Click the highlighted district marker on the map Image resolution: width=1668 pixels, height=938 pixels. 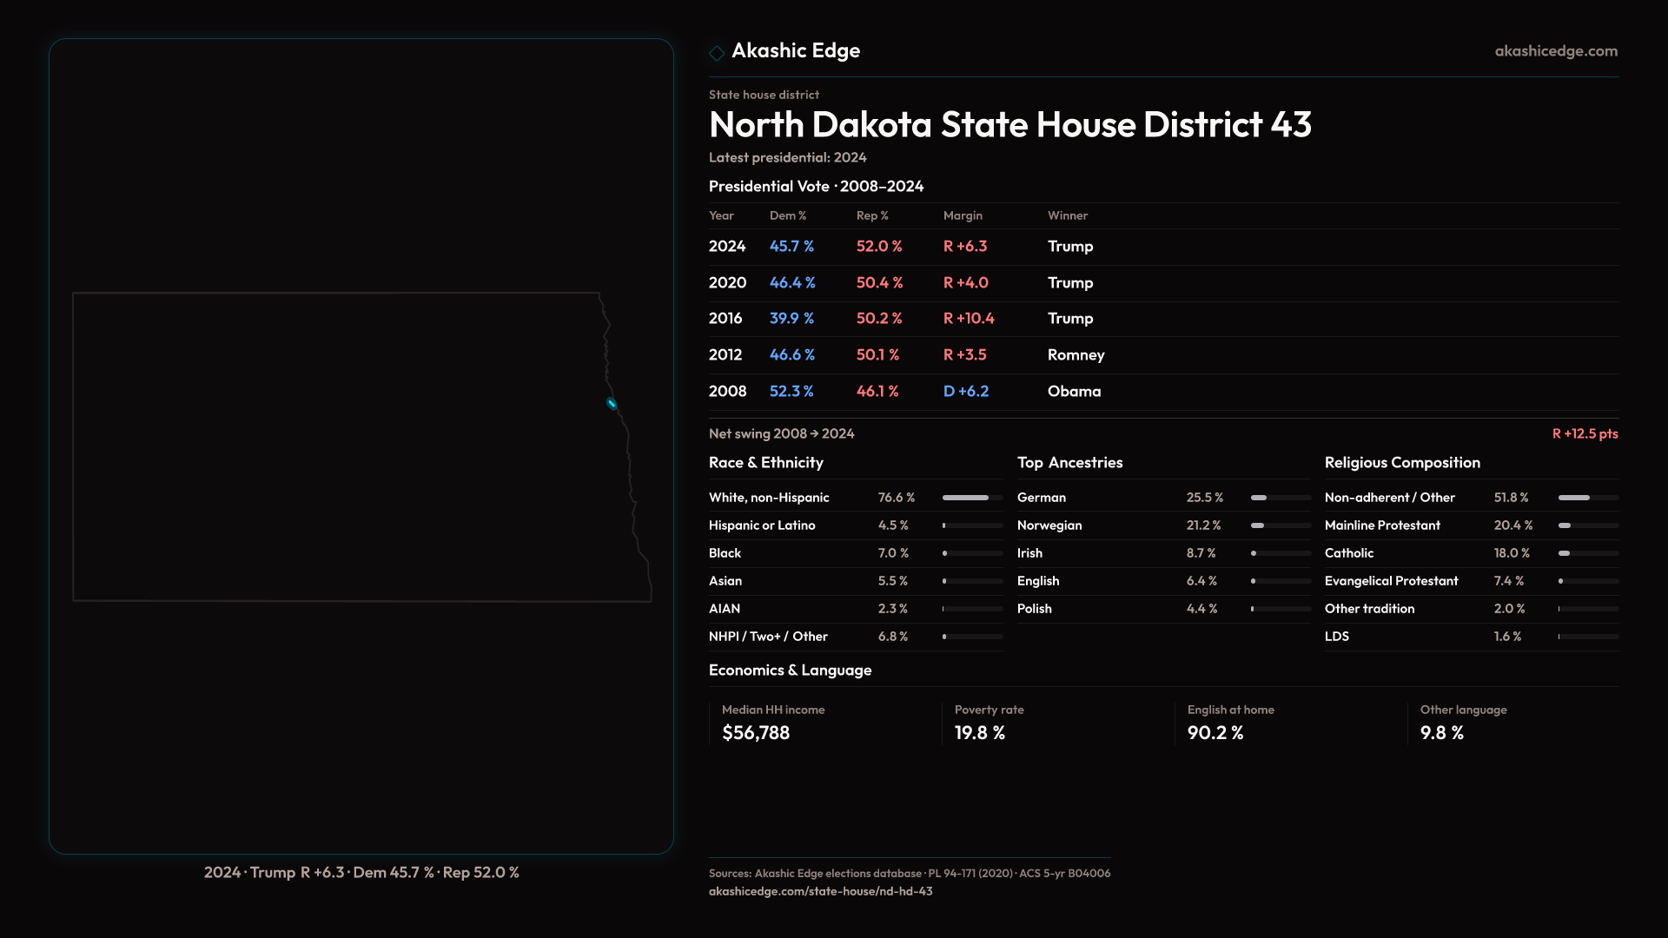point(612,403)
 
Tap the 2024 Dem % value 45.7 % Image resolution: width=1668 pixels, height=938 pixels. point(791,247)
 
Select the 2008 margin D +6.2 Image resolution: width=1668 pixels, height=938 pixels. point(966,392)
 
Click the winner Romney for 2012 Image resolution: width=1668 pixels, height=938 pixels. point(1076,355)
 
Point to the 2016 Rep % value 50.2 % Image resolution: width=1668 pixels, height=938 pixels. point(879,319)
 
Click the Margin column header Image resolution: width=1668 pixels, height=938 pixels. point(963,215)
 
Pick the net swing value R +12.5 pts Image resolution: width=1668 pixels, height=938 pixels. point(1585,433)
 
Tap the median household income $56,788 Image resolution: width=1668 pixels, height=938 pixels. point(756,733)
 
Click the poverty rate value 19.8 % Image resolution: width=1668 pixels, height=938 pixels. point(980,733)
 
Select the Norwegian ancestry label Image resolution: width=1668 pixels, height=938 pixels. point(1049,525)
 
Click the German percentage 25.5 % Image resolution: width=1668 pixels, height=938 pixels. point(1205,498)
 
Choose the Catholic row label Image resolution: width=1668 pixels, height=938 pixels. point(1349,553)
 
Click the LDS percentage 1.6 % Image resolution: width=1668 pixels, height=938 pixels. point(1507,637)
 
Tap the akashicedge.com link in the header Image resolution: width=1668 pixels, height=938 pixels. point(1556,51)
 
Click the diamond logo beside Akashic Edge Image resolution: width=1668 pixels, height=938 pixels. point(717,53)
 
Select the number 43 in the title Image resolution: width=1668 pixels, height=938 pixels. point(1291,125)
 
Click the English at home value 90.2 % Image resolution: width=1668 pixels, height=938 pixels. point(1215,733)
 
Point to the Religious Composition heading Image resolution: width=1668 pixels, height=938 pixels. point(1402,463)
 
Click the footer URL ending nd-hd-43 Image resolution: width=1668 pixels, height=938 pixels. point(820,891)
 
